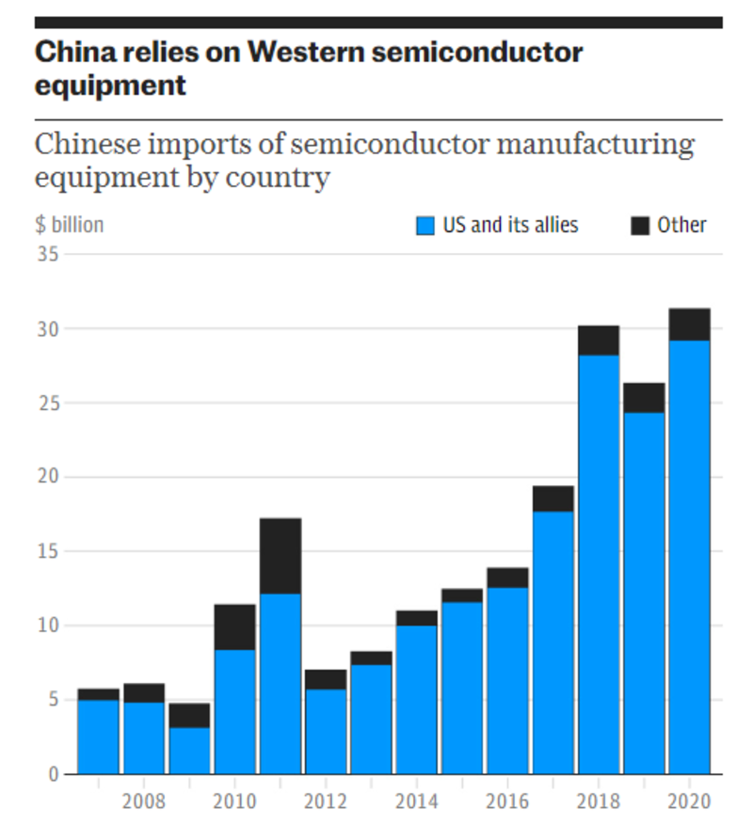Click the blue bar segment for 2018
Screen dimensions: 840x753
coord(599,564)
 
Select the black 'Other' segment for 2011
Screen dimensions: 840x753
coord(280,556)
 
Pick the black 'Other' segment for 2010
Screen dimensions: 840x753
coord(235,627)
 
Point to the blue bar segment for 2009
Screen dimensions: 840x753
coord(189,751)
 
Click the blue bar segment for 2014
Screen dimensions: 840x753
coord(417,700)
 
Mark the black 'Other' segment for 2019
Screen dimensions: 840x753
coord(644,398)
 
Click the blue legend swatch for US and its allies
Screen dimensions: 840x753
coord(425,226)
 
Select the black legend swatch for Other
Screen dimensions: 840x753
coord(640,226)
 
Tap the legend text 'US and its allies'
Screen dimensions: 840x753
coord(510,226)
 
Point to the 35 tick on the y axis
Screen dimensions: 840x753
coord(48,255)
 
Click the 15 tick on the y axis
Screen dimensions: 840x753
coord(48,551)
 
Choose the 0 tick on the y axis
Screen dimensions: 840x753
coord(53,774)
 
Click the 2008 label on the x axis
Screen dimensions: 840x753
coord(144,801)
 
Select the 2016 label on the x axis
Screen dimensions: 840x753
coord(507,801)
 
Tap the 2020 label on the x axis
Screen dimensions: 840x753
coord(689,801)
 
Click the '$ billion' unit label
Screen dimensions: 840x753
coord(70,226)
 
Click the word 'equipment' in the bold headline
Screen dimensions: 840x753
coord(110,86)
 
